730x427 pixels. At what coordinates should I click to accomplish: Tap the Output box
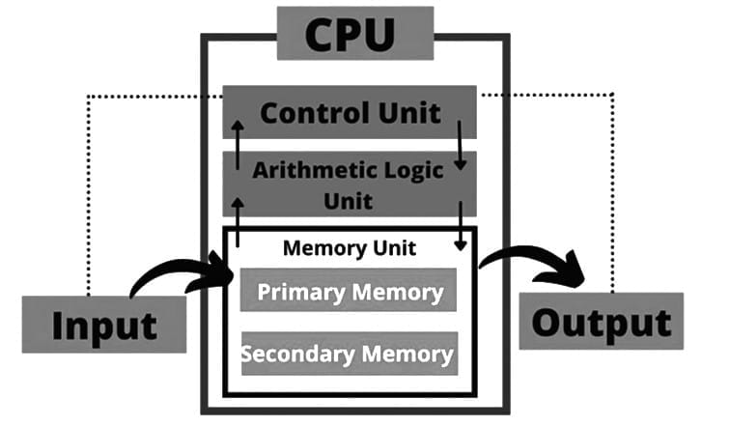click(x=600, y=321)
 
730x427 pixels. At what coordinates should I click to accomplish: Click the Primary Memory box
click(x=350, y=292)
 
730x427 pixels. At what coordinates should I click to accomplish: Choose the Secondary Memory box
click(x=349, y=354)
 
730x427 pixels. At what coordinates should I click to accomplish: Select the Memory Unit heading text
click(x=349, y=248)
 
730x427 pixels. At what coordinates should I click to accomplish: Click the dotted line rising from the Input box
click(x=88, y=193)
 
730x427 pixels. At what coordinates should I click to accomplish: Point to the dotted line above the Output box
click(x=612, y=193)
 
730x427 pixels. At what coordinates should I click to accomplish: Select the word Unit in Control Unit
click(x=406, y=112)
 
